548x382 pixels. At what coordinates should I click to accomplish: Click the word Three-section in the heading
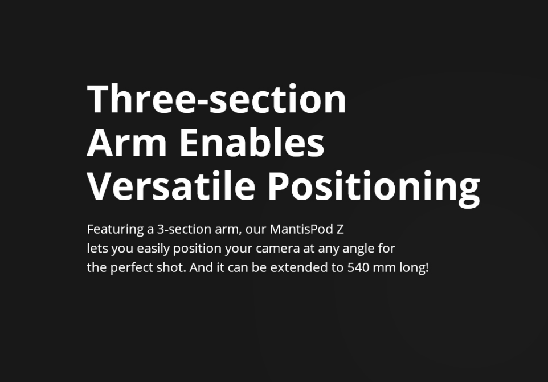(216, 99)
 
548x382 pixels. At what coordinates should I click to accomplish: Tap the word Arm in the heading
(126, 143)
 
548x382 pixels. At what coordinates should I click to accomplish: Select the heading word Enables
(252, 142)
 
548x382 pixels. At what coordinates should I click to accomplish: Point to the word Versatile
(171, 186)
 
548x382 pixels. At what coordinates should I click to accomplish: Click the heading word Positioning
(374, 189)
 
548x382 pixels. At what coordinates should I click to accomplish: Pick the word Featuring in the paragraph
(115, 230)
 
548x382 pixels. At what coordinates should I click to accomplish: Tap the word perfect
(132, 268)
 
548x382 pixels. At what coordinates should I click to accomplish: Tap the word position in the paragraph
(198, 249)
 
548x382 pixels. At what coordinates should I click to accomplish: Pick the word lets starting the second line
(97, 249)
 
